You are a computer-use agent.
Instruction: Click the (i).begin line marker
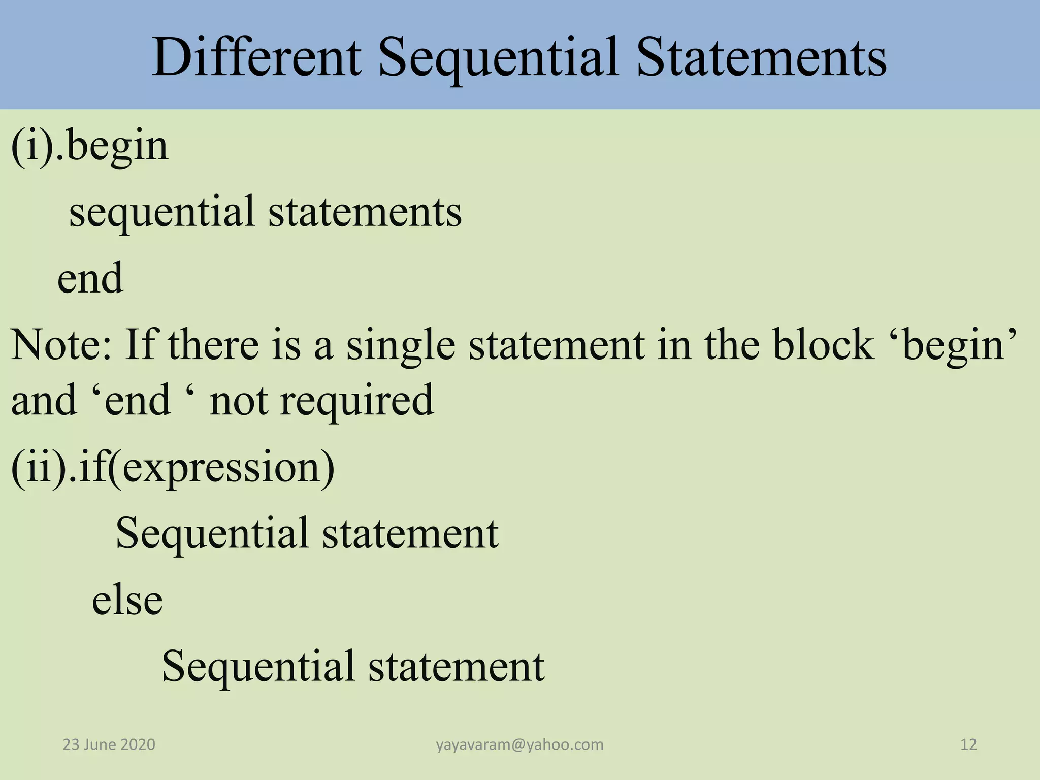[x=89, y=146]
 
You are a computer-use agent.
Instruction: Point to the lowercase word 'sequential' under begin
[x=161, y=212]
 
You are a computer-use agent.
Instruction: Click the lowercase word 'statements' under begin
[x=365, y=212]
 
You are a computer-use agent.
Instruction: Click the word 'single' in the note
[x=401, y=345]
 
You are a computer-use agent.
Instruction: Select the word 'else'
[x=127, y=600]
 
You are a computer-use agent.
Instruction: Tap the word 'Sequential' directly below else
[x=258, y=666]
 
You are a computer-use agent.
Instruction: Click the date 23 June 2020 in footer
[x=109, y=744]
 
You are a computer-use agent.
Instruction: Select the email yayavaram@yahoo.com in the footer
[x=519, y=744]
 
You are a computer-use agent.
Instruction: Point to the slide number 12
[x=968, y=744]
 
